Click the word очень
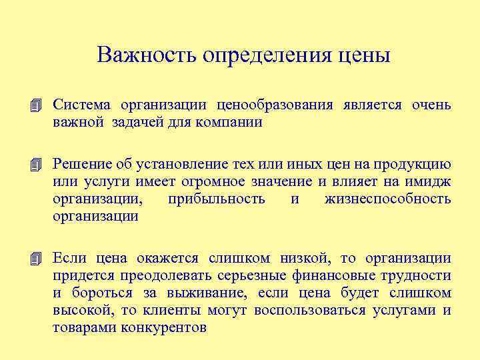(431, 105)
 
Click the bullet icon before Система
(36, 106)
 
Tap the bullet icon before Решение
(36, 165)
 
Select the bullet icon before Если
(36, 259)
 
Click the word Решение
(81, 164)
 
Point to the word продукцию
(419, 164)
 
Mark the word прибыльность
(217, 199)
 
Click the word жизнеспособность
(387, 199)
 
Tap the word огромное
(214, 181)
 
